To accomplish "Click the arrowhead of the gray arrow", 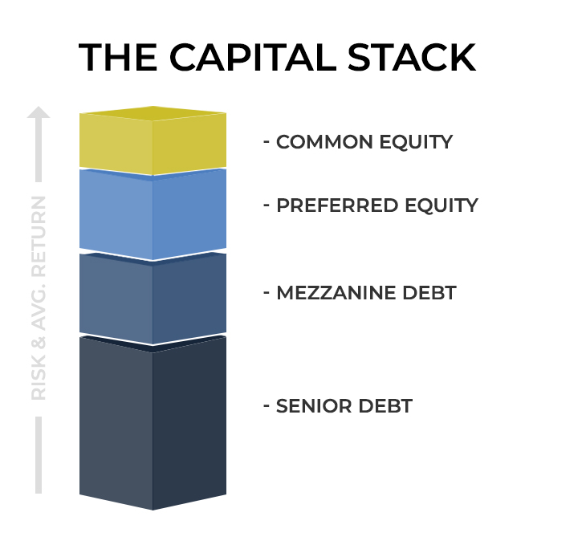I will coord(38,115).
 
